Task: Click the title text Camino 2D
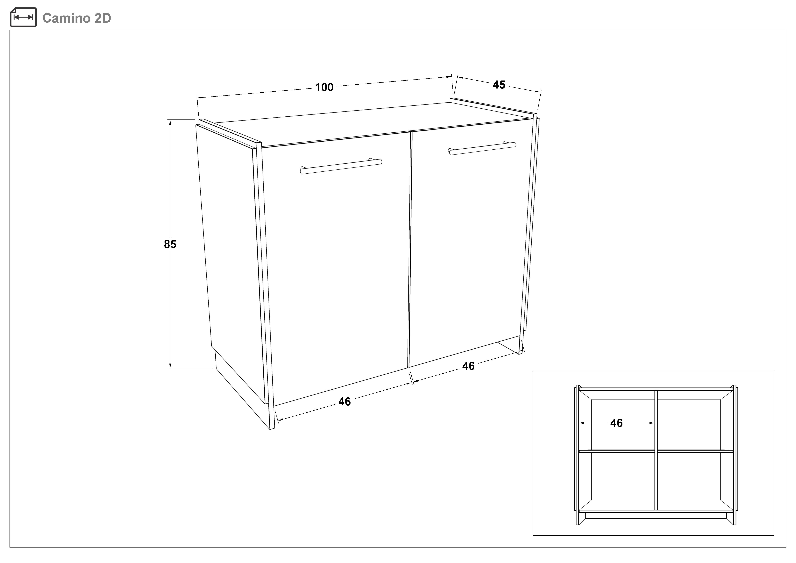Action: pos(77,18)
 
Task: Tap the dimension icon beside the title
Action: pos(23,17)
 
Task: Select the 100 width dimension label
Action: pos(324,87)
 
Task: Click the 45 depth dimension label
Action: pos(499,85)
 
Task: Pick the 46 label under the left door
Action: pos(345,401)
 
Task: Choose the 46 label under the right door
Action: pos(468,366)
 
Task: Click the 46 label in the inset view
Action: pos(616,423)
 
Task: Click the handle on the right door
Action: pos(482,148)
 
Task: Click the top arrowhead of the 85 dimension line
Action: pos(170,122)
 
